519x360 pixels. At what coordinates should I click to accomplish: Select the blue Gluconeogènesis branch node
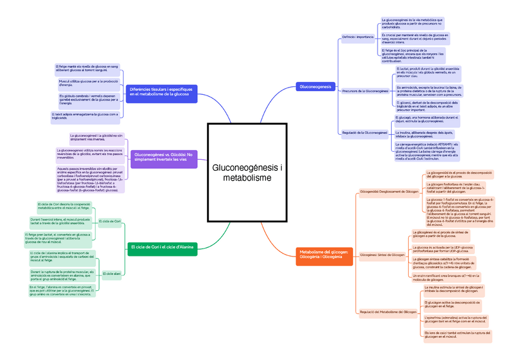click(315, 87)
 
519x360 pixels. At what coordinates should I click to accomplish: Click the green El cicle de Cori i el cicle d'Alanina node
click(162, 247)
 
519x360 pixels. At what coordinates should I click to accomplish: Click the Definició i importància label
click(358, 37)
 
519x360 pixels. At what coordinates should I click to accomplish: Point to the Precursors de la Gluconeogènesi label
click(365, 91)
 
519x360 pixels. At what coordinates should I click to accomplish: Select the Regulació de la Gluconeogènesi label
click(365, 132)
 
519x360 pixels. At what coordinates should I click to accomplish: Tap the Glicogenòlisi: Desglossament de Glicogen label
click(389, 192)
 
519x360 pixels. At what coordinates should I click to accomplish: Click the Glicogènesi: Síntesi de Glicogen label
click(383, 254)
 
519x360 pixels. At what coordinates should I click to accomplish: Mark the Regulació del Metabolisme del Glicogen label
click(388, 312)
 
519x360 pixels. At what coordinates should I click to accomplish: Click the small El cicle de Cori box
click(111, 220)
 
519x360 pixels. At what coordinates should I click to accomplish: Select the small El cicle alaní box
click(112, 273)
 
